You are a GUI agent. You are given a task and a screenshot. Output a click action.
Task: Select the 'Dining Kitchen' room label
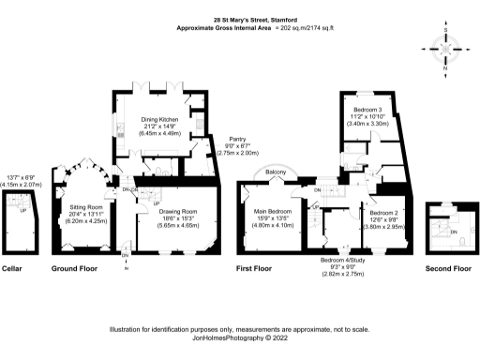(159, 119)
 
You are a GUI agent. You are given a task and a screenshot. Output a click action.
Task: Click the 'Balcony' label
(275, 173)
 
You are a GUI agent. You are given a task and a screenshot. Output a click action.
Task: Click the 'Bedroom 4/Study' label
(341, 260)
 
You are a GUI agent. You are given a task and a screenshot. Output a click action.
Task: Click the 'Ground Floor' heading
(76, 268)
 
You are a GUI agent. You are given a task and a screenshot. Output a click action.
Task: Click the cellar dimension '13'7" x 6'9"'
(23, 177)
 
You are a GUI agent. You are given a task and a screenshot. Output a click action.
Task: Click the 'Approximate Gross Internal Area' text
(225, 29)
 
